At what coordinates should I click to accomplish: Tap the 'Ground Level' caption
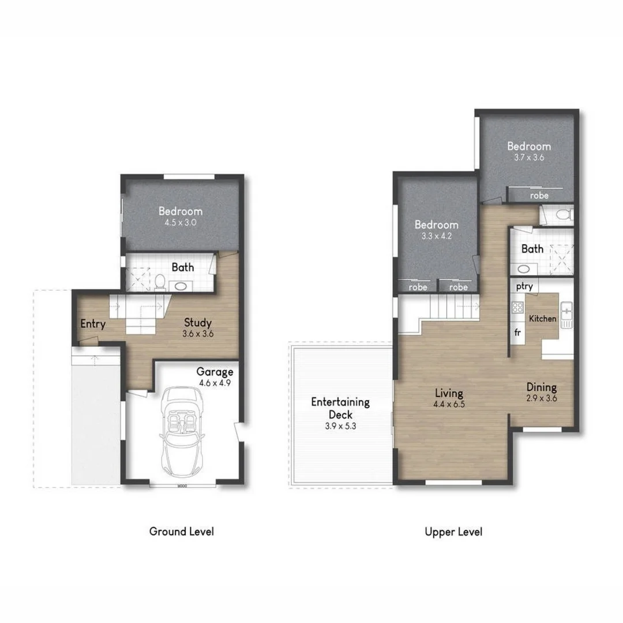point(181,531)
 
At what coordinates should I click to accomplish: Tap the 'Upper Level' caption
point(453,531)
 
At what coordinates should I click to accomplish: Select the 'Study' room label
point(198,322)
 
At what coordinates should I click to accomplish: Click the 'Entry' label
point(93,324)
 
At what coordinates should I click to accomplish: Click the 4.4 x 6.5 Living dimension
point(449,404)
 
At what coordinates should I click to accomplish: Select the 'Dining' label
point(541,387)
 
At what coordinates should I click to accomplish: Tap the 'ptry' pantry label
point(524,287)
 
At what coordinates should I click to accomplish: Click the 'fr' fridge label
point(517,333)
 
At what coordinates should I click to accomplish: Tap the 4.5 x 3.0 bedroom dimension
point(181,222)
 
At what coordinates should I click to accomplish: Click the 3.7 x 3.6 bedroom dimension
point(528,157)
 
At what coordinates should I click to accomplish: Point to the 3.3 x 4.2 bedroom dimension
point(437,235)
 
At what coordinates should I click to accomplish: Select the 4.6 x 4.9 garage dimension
point(215,382)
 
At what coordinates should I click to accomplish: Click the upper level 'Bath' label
point(532,249)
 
